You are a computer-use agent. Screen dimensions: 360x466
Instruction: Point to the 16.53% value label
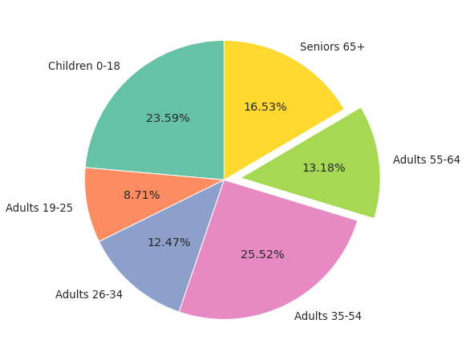coord(265,107)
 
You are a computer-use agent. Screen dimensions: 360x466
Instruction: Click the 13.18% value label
coord(323,168)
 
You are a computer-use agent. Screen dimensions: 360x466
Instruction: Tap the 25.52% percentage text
coord(262,255)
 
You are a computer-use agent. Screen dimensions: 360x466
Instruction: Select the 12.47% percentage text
coord(168,243)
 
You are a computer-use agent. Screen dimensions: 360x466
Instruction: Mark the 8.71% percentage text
coord(141,196)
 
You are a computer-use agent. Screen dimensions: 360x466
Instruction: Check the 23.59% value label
coord(168,119)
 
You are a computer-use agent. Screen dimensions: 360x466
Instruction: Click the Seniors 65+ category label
coord(332,47)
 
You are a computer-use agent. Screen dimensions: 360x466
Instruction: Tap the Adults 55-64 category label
coord(426,160)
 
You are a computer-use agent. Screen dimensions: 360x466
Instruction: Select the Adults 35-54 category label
coord(327,317)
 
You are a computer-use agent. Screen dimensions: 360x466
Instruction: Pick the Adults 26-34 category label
coord(89,295)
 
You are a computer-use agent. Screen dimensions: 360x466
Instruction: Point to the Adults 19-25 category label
coord(39,208)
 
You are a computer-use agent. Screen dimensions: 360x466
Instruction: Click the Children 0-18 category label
coord(84,67)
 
